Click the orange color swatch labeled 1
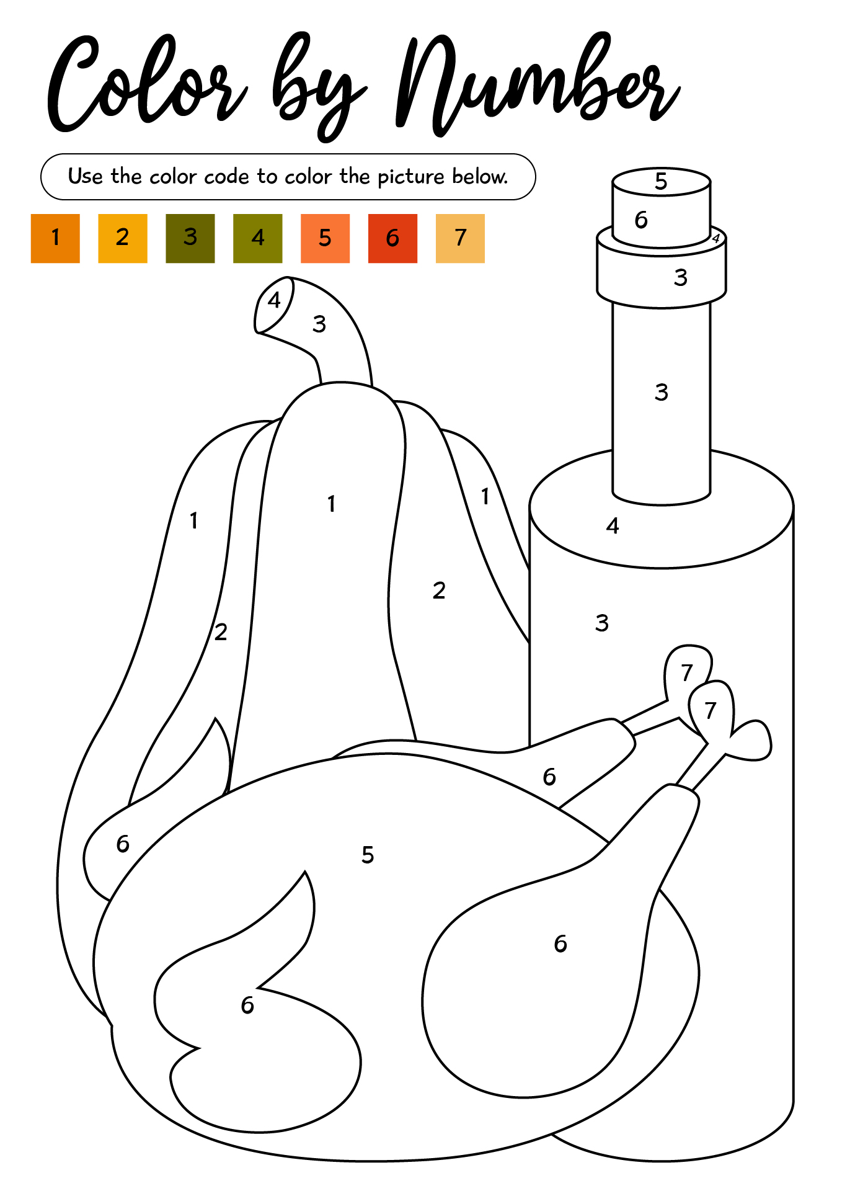[55, 238]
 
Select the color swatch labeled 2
[123, 238]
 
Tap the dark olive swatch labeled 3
[190, 238]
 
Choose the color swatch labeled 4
[258, 238]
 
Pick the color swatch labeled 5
[325, 238]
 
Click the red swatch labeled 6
[392, 238]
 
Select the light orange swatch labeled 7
[460, 238]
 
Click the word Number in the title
[538, 84]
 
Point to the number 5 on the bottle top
[661, 181]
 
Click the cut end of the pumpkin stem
[273, 305]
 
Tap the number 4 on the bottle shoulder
[613, 526]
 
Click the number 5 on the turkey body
[368, 855]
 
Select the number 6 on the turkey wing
[247, 1005]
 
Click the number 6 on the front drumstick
[560, 943]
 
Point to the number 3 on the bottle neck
[662, 392]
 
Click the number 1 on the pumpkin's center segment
[332, 504]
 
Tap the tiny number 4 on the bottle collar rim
[716, 238]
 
